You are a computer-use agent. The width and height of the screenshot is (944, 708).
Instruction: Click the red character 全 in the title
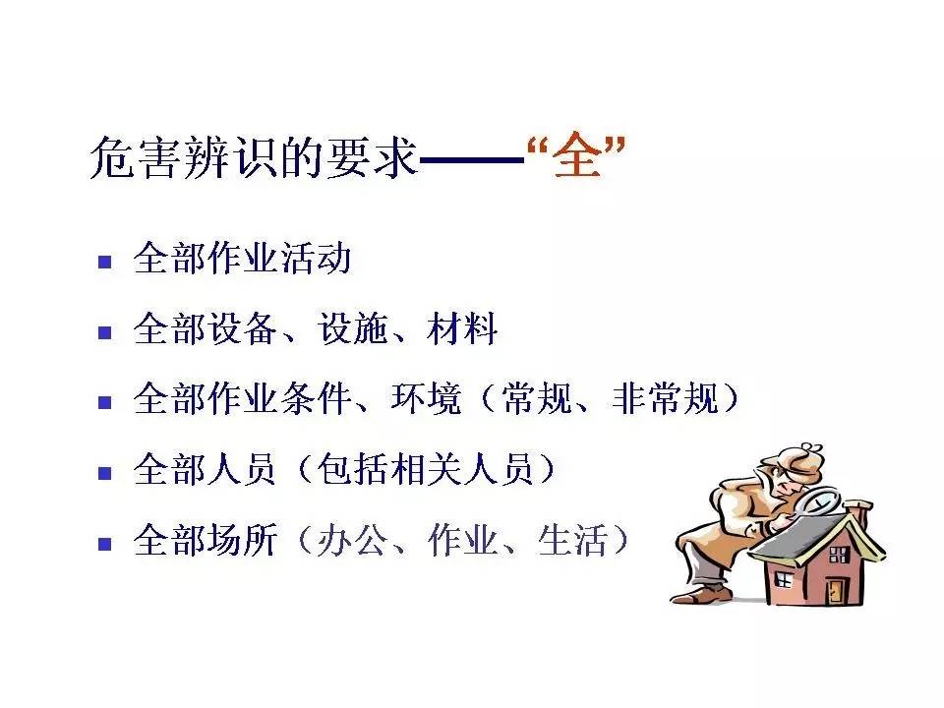tap(576, 158)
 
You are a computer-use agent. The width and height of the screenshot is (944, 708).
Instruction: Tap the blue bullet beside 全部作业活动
tap(104, 263)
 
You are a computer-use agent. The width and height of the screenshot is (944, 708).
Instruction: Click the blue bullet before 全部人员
tap(104, 473)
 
